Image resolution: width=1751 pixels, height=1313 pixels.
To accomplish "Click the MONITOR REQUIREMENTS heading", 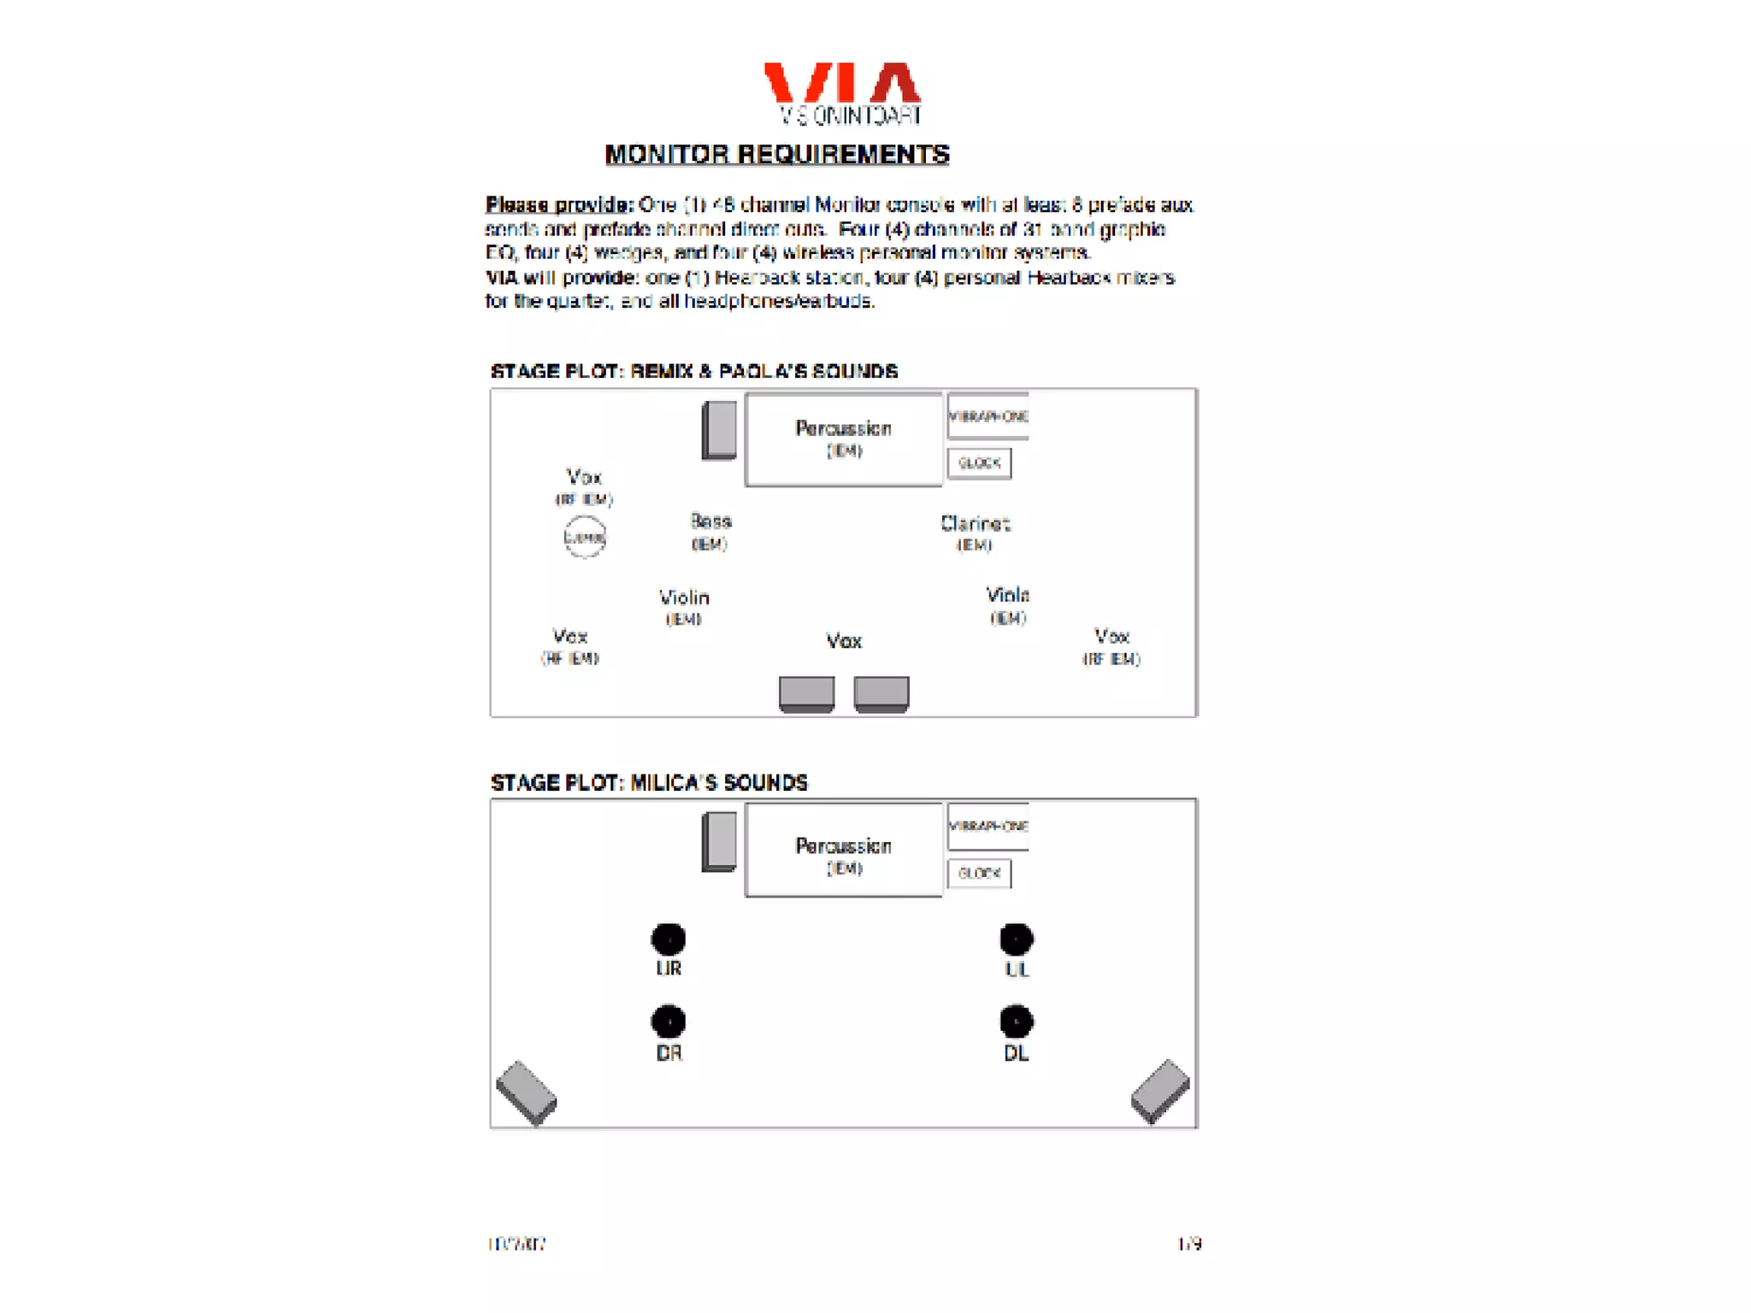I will click(x=777, y=155).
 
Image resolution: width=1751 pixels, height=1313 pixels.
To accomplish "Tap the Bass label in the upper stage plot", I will click(x=710, y=521).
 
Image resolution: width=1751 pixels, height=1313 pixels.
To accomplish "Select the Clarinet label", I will click(x=975, y=523).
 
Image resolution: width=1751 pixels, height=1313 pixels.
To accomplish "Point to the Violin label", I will click(x=684, y=598).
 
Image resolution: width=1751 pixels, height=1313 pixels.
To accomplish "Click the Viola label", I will click(x=1007, y=595).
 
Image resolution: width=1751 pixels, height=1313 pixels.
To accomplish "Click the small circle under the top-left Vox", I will click(x=585, y=538).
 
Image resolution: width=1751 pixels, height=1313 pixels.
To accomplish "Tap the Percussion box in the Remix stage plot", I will click(x=844, y=439).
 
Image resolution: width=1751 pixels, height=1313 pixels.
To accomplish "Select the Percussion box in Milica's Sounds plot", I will click(x=844, y=850).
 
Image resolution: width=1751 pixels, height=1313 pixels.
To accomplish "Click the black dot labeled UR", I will click(x=669, y=939).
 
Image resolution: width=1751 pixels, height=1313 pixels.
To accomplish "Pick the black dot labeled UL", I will click(x=1017, y=939).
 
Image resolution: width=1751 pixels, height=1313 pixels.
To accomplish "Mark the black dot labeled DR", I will click(x=669, y=1022).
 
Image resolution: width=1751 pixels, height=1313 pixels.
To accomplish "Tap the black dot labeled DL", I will click(x=1017, y=1022).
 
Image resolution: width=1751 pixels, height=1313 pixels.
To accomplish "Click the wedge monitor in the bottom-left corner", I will click(x=527, y=1093).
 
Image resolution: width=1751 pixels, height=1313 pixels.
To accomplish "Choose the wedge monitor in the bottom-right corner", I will click(x=1160, y=1091).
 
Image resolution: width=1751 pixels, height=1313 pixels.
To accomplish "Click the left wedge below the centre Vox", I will click(x=806, y=693).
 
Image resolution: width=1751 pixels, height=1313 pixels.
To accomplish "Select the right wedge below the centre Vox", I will click(x=881, y=693).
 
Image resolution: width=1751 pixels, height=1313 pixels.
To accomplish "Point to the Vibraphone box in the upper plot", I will click(x=988, y=416).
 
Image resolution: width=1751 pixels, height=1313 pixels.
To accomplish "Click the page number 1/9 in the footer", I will click(x=1189, y=1244).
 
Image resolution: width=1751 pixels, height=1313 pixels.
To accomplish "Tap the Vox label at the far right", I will click(x=1111, y=637).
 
